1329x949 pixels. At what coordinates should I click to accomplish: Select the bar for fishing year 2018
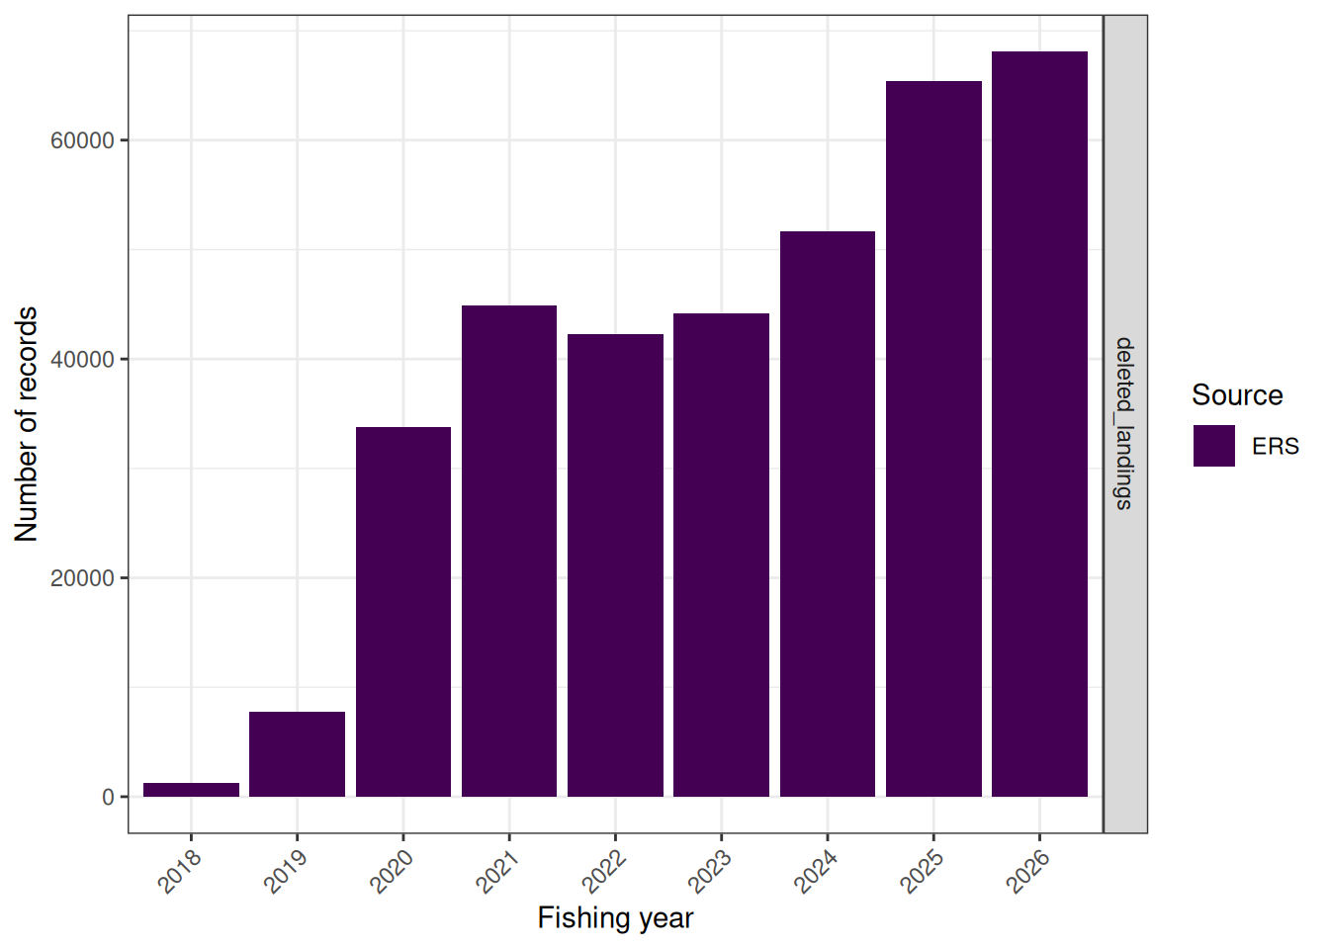tap(191, 790)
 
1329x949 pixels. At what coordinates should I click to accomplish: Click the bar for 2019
tap(298, 754)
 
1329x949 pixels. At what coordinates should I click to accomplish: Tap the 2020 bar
tap(403, 612)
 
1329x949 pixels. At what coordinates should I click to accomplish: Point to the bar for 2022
tap(615, 565)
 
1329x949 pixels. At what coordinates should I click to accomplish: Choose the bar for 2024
tap(828, 514)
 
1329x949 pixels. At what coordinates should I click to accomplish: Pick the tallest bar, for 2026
tap(1039, 424)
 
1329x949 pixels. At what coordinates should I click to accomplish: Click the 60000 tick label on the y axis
tap(82, 141)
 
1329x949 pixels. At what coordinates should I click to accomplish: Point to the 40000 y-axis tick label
tap(82, 360)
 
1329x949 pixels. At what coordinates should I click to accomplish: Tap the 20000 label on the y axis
tap(82, 578)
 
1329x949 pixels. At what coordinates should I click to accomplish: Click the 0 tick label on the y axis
tap(108, 797)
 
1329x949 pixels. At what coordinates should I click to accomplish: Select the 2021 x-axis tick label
tap(497, 873)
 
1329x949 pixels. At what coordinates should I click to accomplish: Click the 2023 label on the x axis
tap(710, 873)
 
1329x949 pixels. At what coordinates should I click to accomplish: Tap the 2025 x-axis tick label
tap(922, 873)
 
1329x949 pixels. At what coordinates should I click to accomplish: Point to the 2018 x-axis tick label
tap(179, 873)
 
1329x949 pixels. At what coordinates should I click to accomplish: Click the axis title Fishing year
tap(615, 918)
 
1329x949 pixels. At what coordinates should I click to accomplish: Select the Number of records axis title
tap(26, 424)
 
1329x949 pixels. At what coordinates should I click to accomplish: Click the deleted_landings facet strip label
tap(1123, 423)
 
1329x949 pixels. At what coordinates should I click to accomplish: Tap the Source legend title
tap(1237, 395)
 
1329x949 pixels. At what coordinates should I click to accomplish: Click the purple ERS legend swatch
tap(1214, 446)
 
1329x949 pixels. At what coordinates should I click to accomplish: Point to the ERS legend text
tap(1276, 446)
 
